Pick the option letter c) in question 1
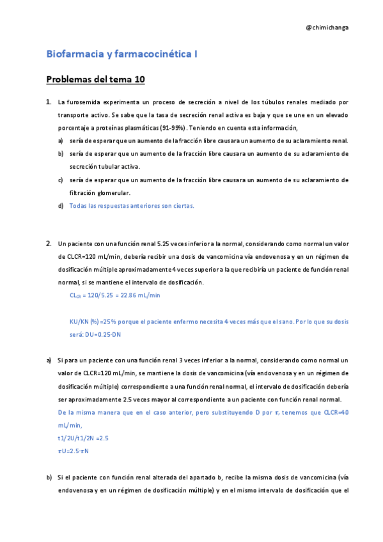pos(61,180)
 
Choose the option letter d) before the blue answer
pos(61,206)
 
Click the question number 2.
pos(49,244)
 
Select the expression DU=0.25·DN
pos(109,334)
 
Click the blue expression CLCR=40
pos(332,413)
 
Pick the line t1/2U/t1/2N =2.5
pos(82,438)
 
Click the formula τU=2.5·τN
pos(73,451)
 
